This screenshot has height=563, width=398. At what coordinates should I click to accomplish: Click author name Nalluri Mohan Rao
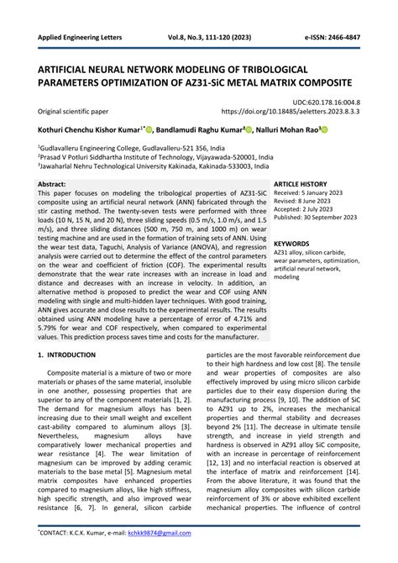(x=285, y=130)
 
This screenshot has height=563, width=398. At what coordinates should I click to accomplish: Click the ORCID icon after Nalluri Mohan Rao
(x=323, y=130)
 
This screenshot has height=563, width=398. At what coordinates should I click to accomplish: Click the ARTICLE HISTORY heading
(x=301, y=183)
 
